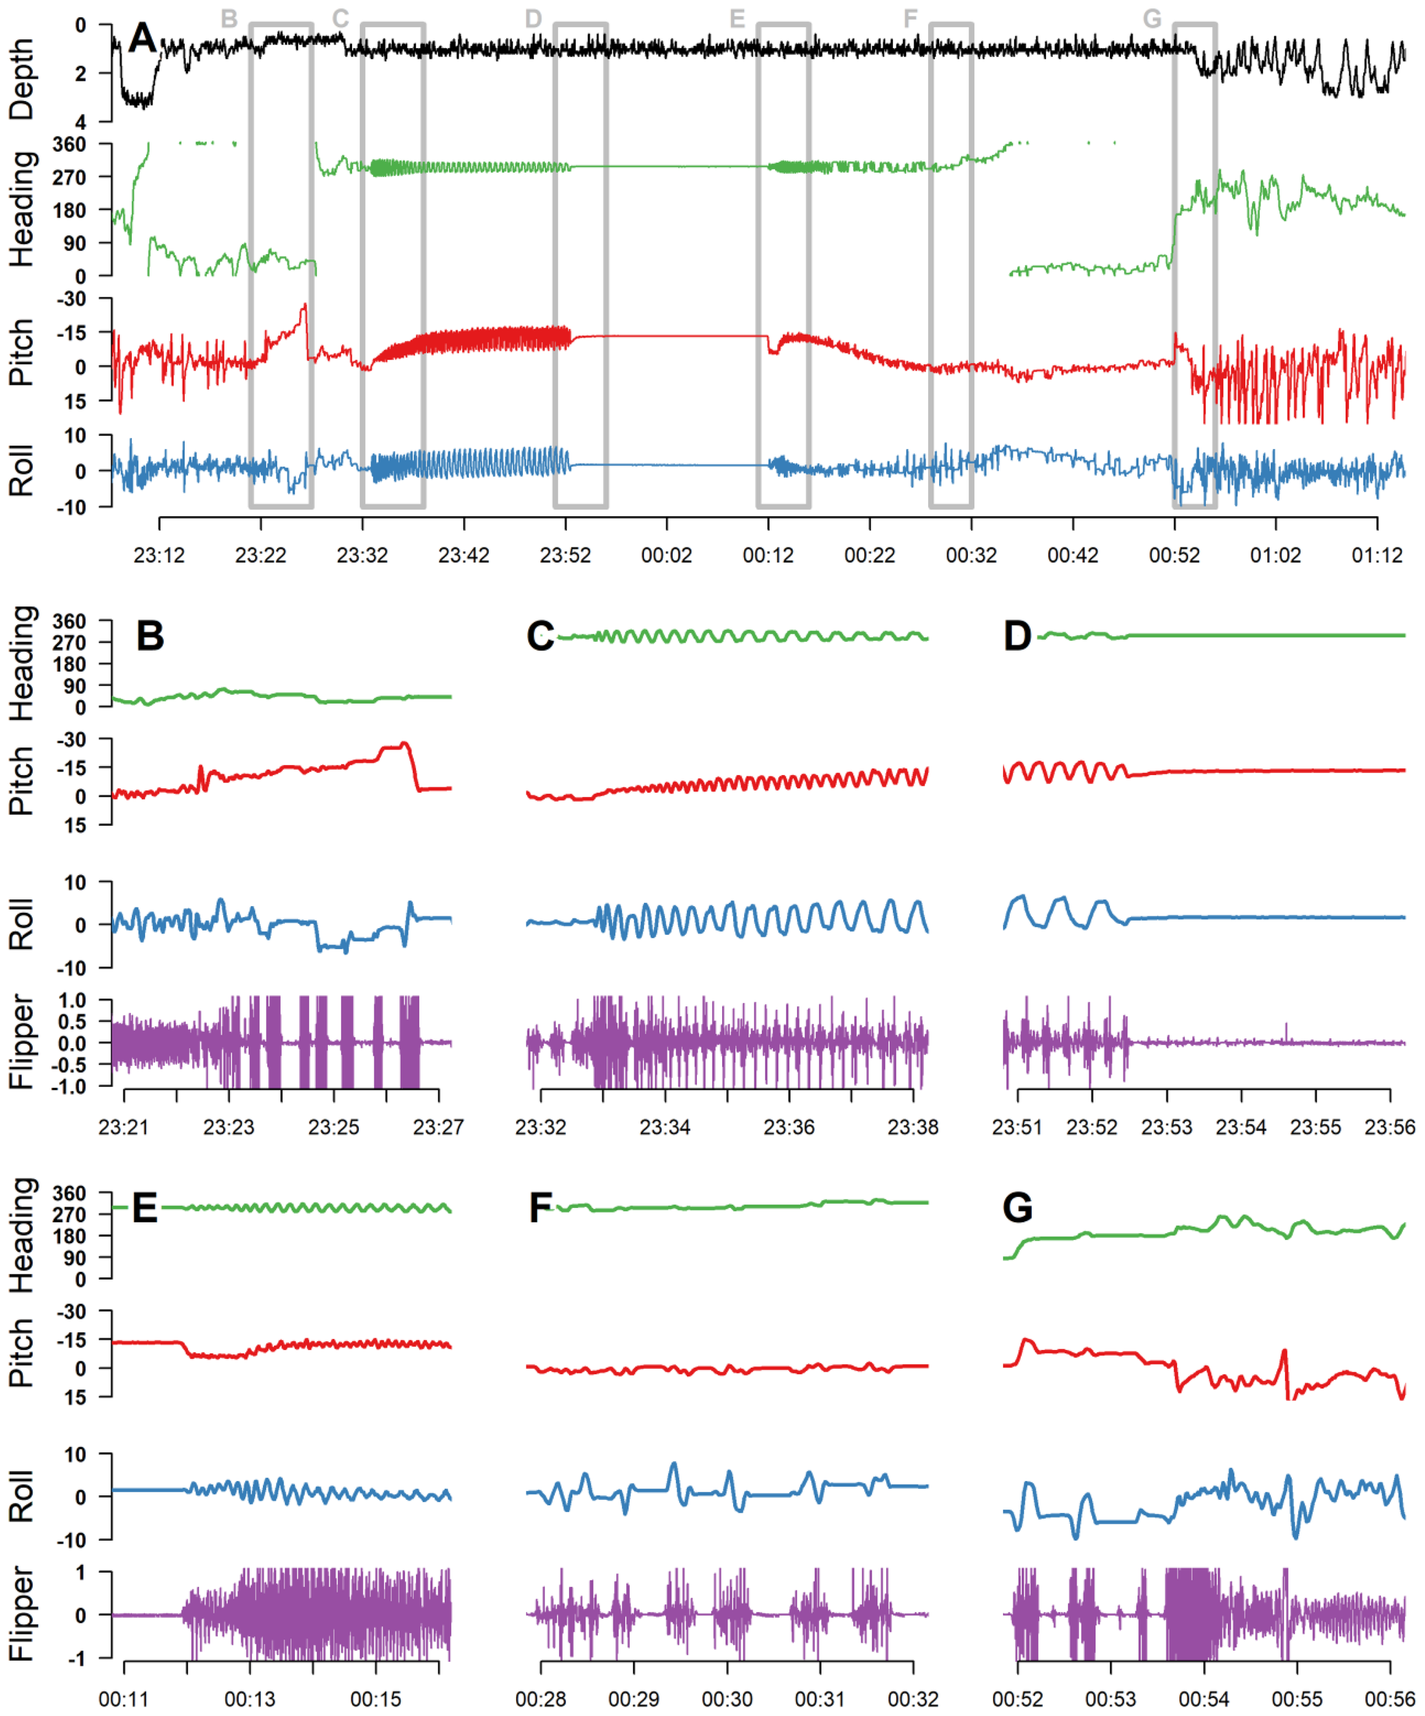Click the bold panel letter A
(x=142, y=38)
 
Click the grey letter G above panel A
(x=1151, y=18)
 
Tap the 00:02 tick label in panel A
(x=666, y=556)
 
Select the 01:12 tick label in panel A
(x=1377, y=556)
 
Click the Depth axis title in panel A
(x=21, y=79)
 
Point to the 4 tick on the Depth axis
(x=80, y=121)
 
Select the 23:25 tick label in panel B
(x=334, y=1128)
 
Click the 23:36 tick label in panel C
(x=789, y=1128)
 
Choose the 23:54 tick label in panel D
(x=1240, y=1128)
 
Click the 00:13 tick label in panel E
(x=249, y=1700)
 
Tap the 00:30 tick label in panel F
(x=726, y=1700)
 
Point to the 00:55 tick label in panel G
(x=1297, y=1700)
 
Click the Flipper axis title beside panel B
(x=21, y=1042)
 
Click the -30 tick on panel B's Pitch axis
(x=70, y=739)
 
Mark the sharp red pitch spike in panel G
(x=1284, y=1352)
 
